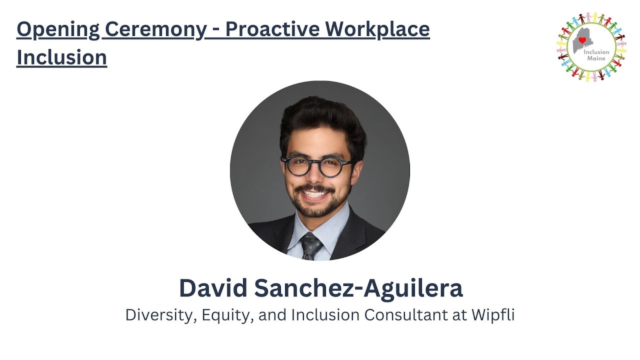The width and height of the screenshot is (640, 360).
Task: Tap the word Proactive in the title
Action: click(272, 28)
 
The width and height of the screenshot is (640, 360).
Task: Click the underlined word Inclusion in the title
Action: click(61, 57)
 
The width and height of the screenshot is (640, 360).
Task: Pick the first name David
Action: click(213, 288)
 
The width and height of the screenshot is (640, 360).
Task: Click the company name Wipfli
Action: click(493, 315)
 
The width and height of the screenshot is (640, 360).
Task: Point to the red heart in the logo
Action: click(582, 40)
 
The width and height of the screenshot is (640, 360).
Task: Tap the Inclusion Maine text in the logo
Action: click(596, 55)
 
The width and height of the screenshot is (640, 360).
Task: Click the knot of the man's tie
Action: click(310, 243)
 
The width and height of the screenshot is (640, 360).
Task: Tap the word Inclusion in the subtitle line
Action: click(325, 314)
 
